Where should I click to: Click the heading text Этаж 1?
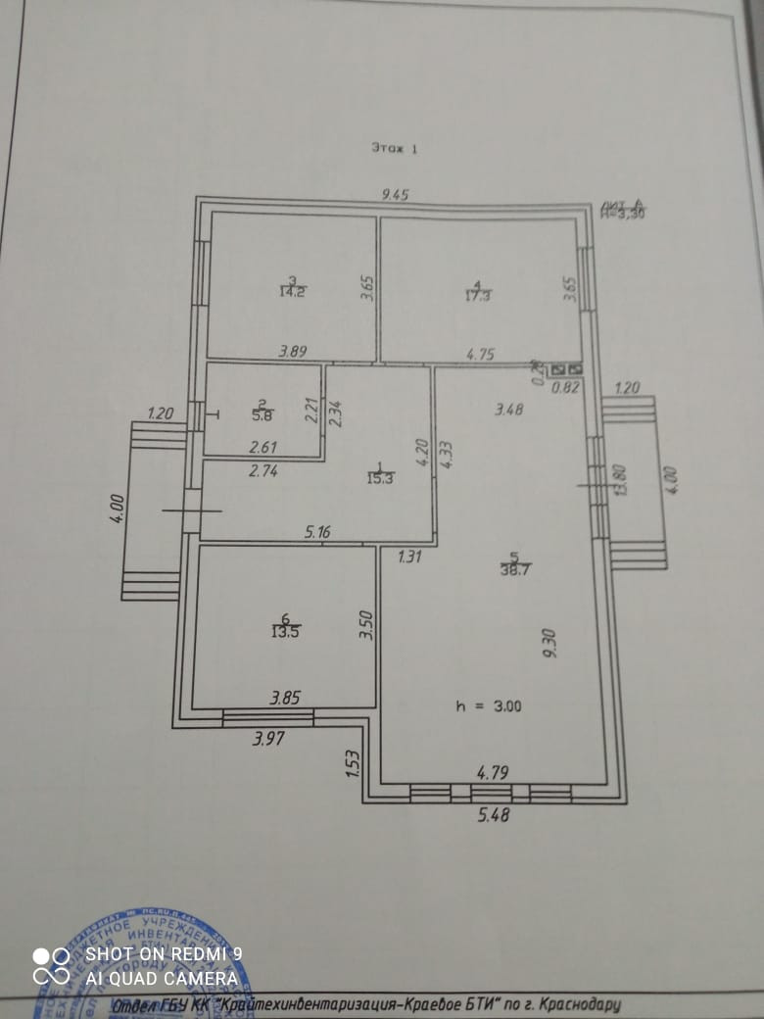click(x=394, y=148)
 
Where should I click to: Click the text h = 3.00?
click(x=489, y=705)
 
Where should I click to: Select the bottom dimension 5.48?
click(x=495, y=812)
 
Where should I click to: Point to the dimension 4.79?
click(x=494, y=774)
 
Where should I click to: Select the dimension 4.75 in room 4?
click(x=479, y=355)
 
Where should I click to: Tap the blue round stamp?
click(x=147, y=965)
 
